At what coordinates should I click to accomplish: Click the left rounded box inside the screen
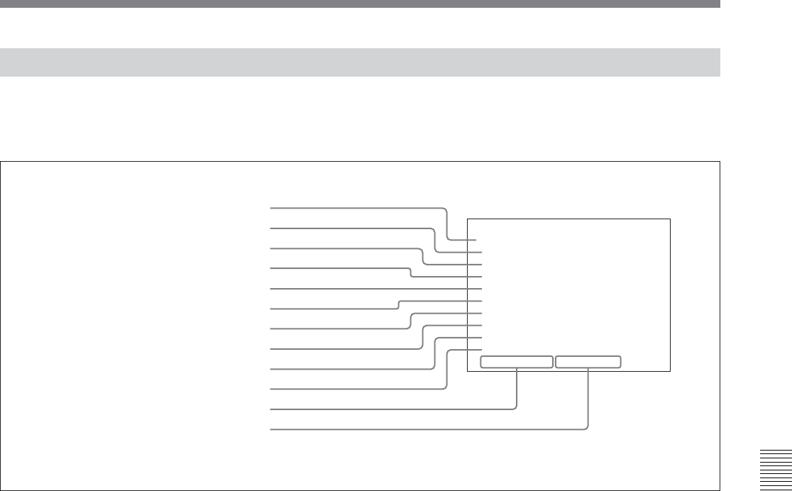[516, 362]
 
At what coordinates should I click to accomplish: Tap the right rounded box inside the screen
[588, 362]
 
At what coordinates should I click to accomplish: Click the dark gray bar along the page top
[360, 4]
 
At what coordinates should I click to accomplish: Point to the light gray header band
[360, 62]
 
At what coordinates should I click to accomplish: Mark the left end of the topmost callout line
[271, 208]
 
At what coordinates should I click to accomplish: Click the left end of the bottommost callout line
[271, 429]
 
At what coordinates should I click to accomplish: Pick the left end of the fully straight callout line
[271, 289]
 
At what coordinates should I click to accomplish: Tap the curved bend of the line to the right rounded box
[586, 426]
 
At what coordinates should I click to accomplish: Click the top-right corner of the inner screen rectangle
[670, 219]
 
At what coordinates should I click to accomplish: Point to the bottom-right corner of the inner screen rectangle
[670, 371]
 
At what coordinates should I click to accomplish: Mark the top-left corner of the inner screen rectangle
[468, 219]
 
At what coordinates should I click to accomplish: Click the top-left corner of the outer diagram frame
[1, 162]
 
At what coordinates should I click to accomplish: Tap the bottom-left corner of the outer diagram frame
[1, 490]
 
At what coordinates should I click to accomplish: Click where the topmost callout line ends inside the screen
[476, 241]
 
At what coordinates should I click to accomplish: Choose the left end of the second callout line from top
[271, 228]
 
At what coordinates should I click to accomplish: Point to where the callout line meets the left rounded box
[517, 368]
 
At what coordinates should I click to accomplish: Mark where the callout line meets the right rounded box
[589, 368]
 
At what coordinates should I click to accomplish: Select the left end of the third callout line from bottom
[271, 389]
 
